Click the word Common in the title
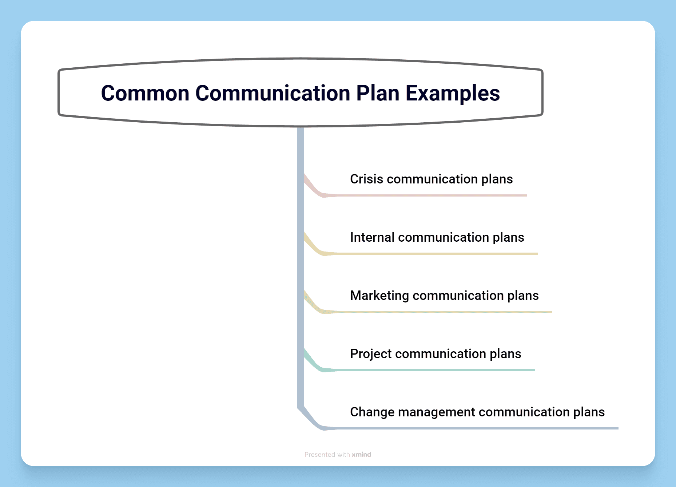pyautogui.click(x=145, y=93)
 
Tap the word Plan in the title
pyautogui.click(x=378, y=93)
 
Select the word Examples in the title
pyautogui.click(x=453, y=93)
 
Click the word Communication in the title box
pyautogui.click(x=273, y=93)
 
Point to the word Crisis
pyautogui.click(x=366, y=179)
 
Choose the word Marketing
pyautogui.click(x=379, y=296)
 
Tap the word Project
pyautogui.click(x=371, y=354)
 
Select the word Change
pyautogui.click(x=372, y=412)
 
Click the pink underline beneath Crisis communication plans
pyautogui.click(x=429, y=195)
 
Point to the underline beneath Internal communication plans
pyautogui.click(x=437, y=254)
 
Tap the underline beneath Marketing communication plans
pyautogui.click(x=444, y=312)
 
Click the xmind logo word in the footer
pyautogui.click(x=361, y=455)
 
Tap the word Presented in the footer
pyautogui.click(x=319, y=455)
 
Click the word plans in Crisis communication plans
pyautogui.click(x=497, y=179)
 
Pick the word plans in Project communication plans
pyautogui.click(x=505, y=354)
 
